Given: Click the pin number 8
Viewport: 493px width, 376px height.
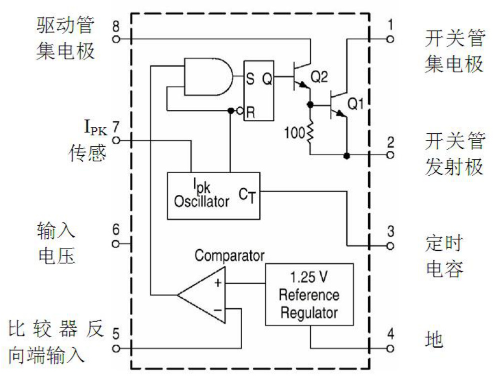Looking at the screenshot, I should (116, 25).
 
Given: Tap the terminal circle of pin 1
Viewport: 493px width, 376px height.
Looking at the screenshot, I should (390, 38).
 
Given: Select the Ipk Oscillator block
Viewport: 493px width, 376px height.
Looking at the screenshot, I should (213, 196).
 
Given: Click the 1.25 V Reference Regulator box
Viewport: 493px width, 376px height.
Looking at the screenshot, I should (309, 294).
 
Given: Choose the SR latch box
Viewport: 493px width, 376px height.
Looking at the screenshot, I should (259, 91).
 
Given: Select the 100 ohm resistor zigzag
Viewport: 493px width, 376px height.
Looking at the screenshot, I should (310, 132).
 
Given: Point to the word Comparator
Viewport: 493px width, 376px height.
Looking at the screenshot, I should (229, 256).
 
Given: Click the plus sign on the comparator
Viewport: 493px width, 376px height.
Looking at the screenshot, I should (218, 283).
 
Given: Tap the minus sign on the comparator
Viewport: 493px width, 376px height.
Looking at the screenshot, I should (218, 310).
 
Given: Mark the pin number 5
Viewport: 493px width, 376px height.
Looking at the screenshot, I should (116, 333).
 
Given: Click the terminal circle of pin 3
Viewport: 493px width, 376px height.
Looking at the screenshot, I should (390, 246).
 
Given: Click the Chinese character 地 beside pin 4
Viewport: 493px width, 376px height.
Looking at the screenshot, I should (434, 340).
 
